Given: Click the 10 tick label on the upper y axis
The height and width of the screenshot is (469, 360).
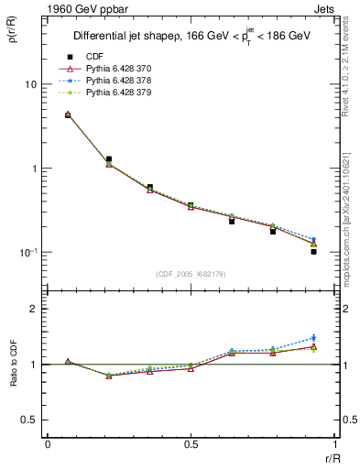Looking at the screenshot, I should [x=29, y=84].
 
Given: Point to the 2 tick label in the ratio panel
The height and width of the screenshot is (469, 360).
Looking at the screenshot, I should [x=34, y=309].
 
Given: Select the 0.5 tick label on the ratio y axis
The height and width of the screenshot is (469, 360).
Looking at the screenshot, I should [x=29, y=420].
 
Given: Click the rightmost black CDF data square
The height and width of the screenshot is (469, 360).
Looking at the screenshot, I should [x=313, y=251].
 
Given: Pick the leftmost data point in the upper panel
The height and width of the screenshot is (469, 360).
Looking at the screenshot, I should [x=68, y=115].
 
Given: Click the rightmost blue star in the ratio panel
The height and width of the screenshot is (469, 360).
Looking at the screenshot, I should [x=313, y=338].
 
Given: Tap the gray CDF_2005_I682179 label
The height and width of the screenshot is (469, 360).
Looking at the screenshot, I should [x=191, y=274].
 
